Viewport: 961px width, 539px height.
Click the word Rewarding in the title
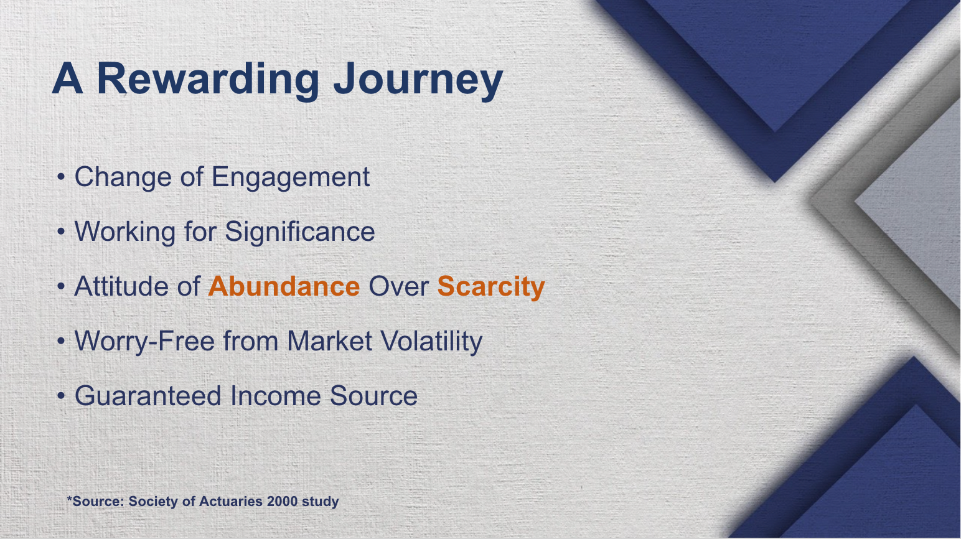[207, 80]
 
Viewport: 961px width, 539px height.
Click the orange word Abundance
[284, 287]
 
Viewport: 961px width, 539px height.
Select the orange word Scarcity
[490, 287]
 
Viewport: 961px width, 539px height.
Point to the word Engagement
[290, 177]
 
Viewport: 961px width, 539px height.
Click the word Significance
[299, 232]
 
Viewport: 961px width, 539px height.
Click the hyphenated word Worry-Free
[144, 342]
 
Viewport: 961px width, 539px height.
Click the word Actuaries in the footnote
[231, 502]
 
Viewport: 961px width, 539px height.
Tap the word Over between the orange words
[398, 287]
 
